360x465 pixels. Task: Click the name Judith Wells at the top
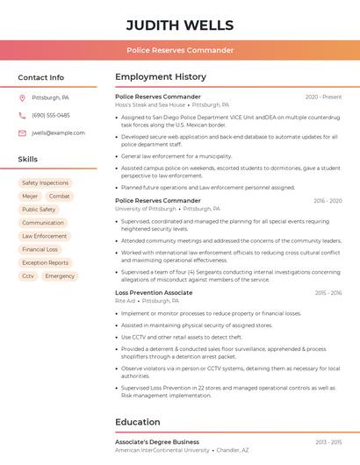[x=179, y=25]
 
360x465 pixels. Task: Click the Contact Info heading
[x=40, y=77]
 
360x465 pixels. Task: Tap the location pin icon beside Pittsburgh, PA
[x=22, y=97]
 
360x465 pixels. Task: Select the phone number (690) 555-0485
[x=50, y=115]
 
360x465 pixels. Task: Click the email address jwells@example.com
[x=58, y=132]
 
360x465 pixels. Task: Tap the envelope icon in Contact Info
[x=22, y=132]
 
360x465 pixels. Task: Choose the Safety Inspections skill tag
[x=45, y=183]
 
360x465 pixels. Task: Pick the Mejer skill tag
[x=30, y=197]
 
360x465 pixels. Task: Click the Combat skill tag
[x=60, y=197]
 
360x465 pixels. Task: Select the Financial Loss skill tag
[x=40, y=249]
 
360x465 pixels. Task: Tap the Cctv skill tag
[x=28, y=275]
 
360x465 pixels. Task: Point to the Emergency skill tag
[x=60, y=275]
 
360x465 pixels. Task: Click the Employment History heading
[x=161, y=77]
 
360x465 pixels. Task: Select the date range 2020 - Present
[x=323, y=97]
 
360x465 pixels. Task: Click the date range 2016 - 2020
[x=327, y=201]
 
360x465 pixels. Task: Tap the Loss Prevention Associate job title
[x=154, y=292]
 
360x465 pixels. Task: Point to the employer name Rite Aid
[x=125, y=301]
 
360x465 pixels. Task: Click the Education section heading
[x=137, y=421]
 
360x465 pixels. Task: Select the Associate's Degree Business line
[x=157, y=441]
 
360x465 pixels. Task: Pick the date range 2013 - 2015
[x=328, y=441]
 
